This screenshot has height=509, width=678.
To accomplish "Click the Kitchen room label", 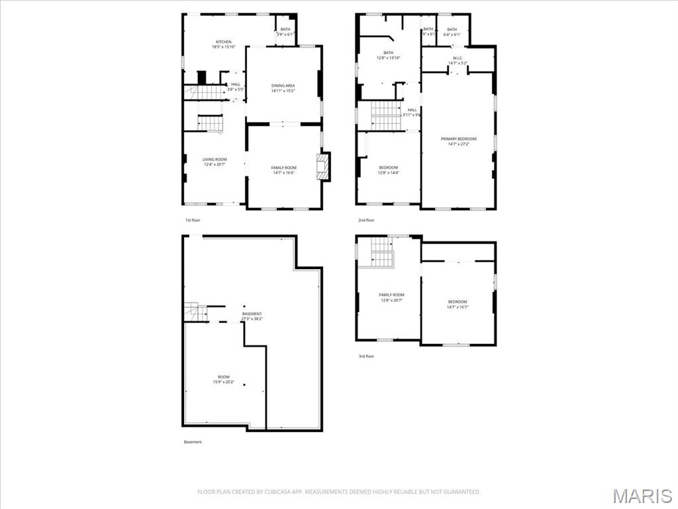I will [x=223, y=44].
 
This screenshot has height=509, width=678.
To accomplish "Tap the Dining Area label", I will [x=283, y=88].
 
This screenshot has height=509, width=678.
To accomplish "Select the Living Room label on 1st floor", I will [x=215, y=162].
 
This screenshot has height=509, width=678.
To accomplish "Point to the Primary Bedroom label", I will [x=459, y=141].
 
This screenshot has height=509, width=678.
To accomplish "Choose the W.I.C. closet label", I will [x=458, y=61].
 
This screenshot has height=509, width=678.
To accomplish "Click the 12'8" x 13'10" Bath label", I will [x=388, y=56].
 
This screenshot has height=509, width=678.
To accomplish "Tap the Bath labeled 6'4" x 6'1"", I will [x=452, y=32].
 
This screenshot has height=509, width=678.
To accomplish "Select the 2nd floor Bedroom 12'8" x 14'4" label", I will [x=388, y=170].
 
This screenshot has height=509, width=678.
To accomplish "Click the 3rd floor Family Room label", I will [x=391, y=298].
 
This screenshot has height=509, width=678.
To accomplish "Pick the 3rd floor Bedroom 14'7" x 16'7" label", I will [x=458, y=304].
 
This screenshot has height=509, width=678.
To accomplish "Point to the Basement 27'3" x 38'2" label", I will [x=252, y=316].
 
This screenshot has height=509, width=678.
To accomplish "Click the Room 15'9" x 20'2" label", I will [x=223, y=379].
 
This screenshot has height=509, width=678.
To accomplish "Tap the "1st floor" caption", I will [x=192, y=220].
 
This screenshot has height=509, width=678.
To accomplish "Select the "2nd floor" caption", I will [x=366, y=220].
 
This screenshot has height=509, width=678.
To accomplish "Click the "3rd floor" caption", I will [x=366, y=357].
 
